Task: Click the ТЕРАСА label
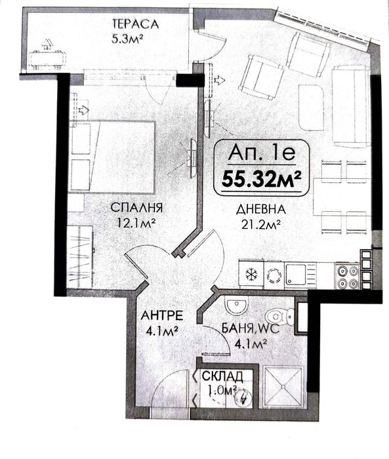click(x=136, y=24)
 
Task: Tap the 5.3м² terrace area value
click(x=129, y=37)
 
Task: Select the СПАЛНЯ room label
click(x=136, y=208)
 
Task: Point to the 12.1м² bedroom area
click(x=134, y=223)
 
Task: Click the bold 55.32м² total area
click(x=260, y=176)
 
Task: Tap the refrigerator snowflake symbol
click(x=250, y=273)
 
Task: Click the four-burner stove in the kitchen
click(x=347, y=275)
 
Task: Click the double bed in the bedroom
click(x=112, y=156)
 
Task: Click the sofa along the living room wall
click(x=348, y=105)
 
